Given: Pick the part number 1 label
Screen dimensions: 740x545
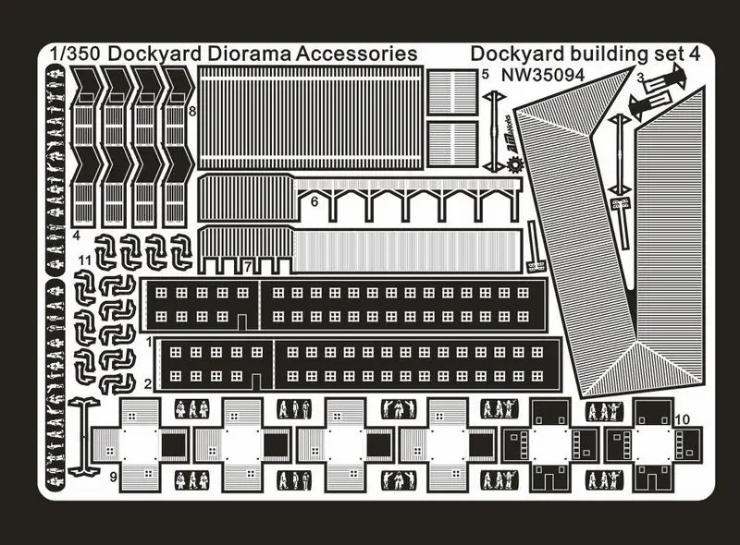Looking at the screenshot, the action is tap(148, 342).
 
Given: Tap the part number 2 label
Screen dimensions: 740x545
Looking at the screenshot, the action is tap(148, 382).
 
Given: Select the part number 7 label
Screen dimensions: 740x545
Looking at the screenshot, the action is tap(247, 266).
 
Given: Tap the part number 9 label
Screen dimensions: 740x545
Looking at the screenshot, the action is tap(112, 478).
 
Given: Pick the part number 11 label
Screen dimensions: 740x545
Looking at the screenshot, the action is tap(83, 261).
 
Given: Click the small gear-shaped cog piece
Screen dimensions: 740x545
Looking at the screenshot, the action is tap(514, 166).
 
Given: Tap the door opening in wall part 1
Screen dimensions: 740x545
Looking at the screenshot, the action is tap(242, 321).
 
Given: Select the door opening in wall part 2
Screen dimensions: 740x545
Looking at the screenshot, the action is tap(256, 380).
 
